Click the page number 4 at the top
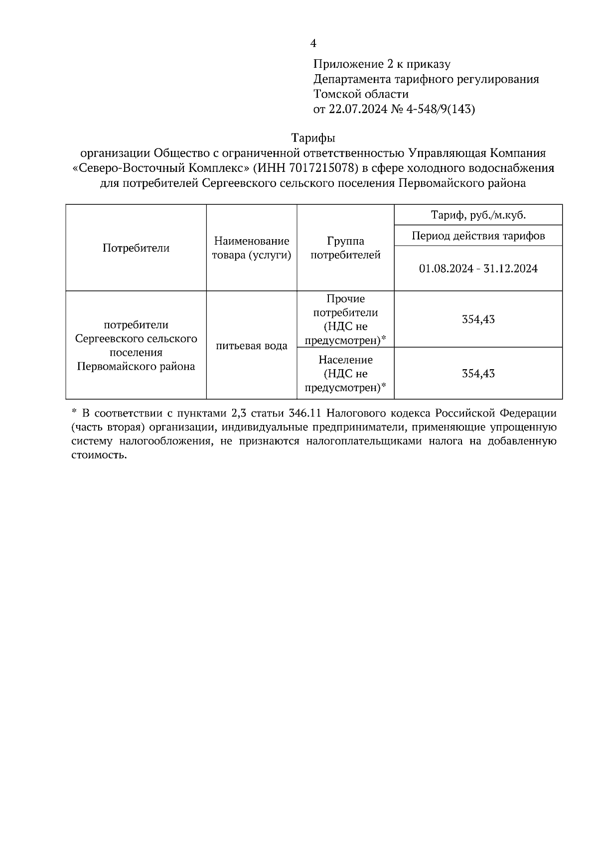[313, 44]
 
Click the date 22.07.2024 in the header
[357, 109]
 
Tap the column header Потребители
[136, 248]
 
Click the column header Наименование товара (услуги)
[252, 248]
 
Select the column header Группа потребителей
[345, 248]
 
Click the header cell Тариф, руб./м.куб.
[478, 215]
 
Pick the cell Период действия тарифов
[478, 236]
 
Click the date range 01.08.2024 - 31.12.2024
[478, 269]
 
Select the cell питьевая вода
[252, 346]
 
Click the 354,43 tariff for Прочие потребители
[478, 319]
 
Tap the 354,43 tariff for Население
[478, 374]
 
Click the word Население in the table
[345, 360]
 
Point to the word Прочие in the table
[345, 299]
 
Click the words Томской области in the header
[361, 94]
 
